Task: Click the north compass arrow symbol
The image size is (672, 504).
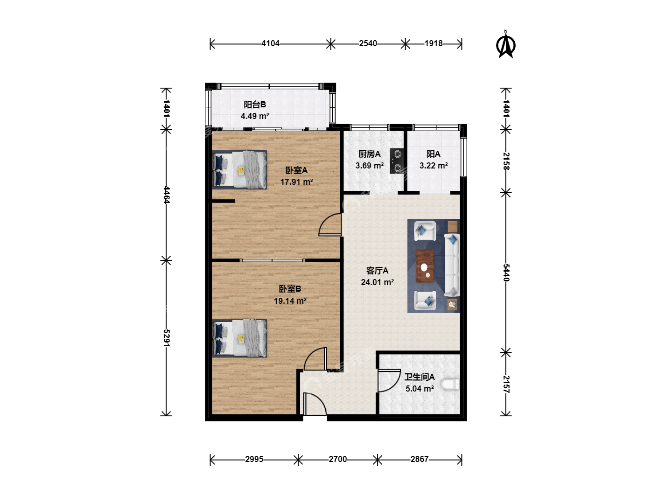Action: [505, 45]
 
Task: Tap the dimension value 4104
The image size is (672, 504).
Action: [270, 44]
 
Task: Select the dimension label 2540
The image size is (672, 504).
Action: [368, 44]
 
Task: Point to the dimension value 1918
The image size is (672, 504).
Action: [433, 44]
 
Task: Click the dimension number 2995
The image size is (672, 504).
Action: [254, 459]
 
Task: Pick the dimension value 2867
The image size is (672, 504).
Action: [420, 459]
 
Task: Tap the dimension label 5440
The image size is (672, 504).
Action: [506, 273]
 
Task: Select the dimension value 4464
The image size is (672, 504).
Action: [166, 195]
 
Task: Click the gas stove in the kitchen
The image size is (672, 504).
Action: [397, 161]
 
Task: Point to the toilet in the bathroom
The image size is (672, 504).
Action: [450, 385]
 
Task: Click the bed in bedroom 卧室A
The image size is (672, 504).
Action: [239, 169]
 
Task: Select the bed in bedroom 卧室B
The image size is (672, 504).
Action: [239, 338]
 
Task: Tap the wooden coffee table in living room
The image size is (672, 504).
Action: [425, 266]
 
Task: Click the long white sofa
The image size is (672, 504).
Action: [452, 265]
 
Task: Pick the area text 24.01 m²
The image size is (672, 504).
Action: [377, 282]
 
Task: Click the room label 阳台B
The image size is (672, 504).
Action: [255, 105]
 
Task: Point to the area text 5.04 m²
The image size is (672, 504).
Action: [420, 389]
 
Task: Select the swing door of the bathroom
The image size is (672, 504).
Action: [389, 381]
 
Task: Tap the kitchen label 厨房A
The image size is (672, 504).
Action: [370, 154]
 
